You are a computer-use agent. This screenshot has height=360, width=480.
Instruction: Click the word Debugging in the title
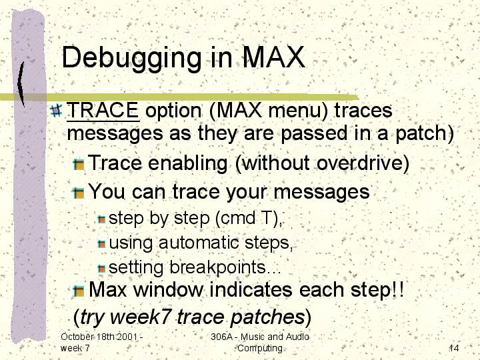(131, 59)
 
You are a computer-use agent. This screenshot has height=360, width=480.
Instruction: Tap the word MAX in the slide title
(273, 57)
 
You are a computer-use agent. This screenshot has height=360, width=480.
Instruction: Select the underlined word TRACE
(103, 110)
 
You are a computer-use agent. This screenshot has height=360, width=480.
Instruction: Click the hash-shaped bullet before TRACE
(56, 110)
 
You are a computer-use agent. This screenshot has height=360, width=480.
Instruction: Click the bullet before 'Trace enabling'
(79, 165)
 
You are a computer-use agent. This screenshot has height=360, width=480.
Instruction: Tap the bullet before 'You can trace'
(79, 193)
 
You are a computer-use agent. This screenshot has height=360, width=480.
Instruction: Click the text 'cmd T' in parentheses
(244, 217)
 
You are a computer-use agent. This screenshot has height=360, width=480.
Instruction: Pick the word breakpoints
(217, 267)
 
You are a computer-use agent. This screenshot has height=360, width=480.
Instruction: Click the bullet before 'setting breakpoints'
(101, 269)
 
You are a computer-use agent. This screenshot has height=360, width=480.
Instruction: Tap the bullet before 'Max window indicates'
(79, 291)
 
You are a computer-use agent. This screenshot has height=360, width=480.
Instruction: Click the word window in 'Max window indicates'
(169, 289)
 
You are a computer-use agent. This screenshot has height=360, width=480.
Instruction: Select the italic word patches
(267, 317)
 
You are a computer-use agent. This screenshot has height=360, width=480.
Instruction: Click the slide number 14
(454, 348)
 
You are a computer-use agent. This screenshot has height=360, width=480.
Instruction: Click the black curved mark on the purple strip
(21, 83)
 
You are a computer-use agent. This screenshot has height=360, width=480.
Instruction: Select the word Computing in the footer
(260, 349)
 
